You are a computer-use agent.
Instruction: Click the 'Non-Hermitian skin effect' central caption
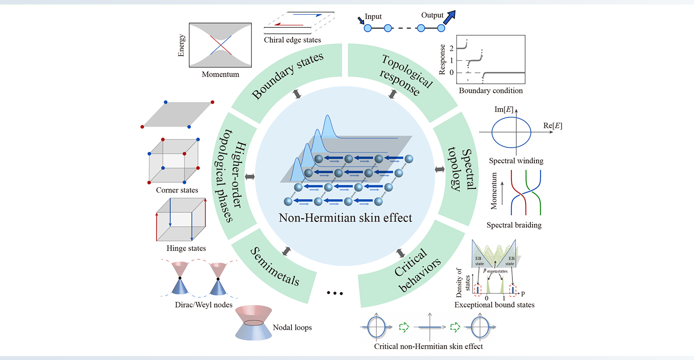point(345,218)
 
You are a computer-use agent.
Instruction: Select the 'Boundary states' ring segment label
point(287,75)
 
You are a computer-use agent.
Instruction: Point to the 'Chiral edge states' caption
point(292,40)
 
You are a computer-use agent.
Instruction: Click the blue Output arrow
point(449,17)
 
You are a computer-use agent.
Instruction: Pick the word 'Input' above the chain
point(373,16)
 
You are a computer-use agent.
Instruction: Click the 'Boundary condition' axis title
point(491,90)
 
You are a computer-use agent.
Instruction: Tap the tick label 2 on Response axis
point(451,48)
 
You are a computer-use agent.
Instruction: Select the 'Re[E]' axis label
point(552,126)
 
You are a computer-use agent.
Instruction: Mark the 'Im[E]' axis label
point(504,109)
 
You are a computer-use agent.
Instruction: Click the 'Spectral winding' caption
point(516,161)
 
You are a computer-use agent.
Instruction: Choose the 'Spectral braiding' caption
point(514,225)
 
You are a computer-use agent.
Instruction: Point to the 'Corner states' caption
point(177,190)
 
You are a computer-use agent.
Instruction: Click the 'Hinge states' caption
point(186,248)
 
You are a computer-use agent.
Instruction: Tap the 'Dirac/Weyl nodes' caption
point(203,305)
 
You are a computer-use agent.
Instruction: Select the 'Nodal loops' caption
point(292,327)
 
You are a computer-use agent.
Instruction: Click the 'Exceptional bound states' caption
point(494,305)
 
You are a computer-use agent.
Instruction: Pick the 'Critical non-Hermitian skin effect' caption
point(428,346)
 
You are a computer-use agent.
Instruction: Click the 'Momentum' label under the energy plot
point(220,75)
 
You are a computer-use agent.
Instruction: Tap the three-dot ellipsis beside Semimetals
point(335,293)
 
